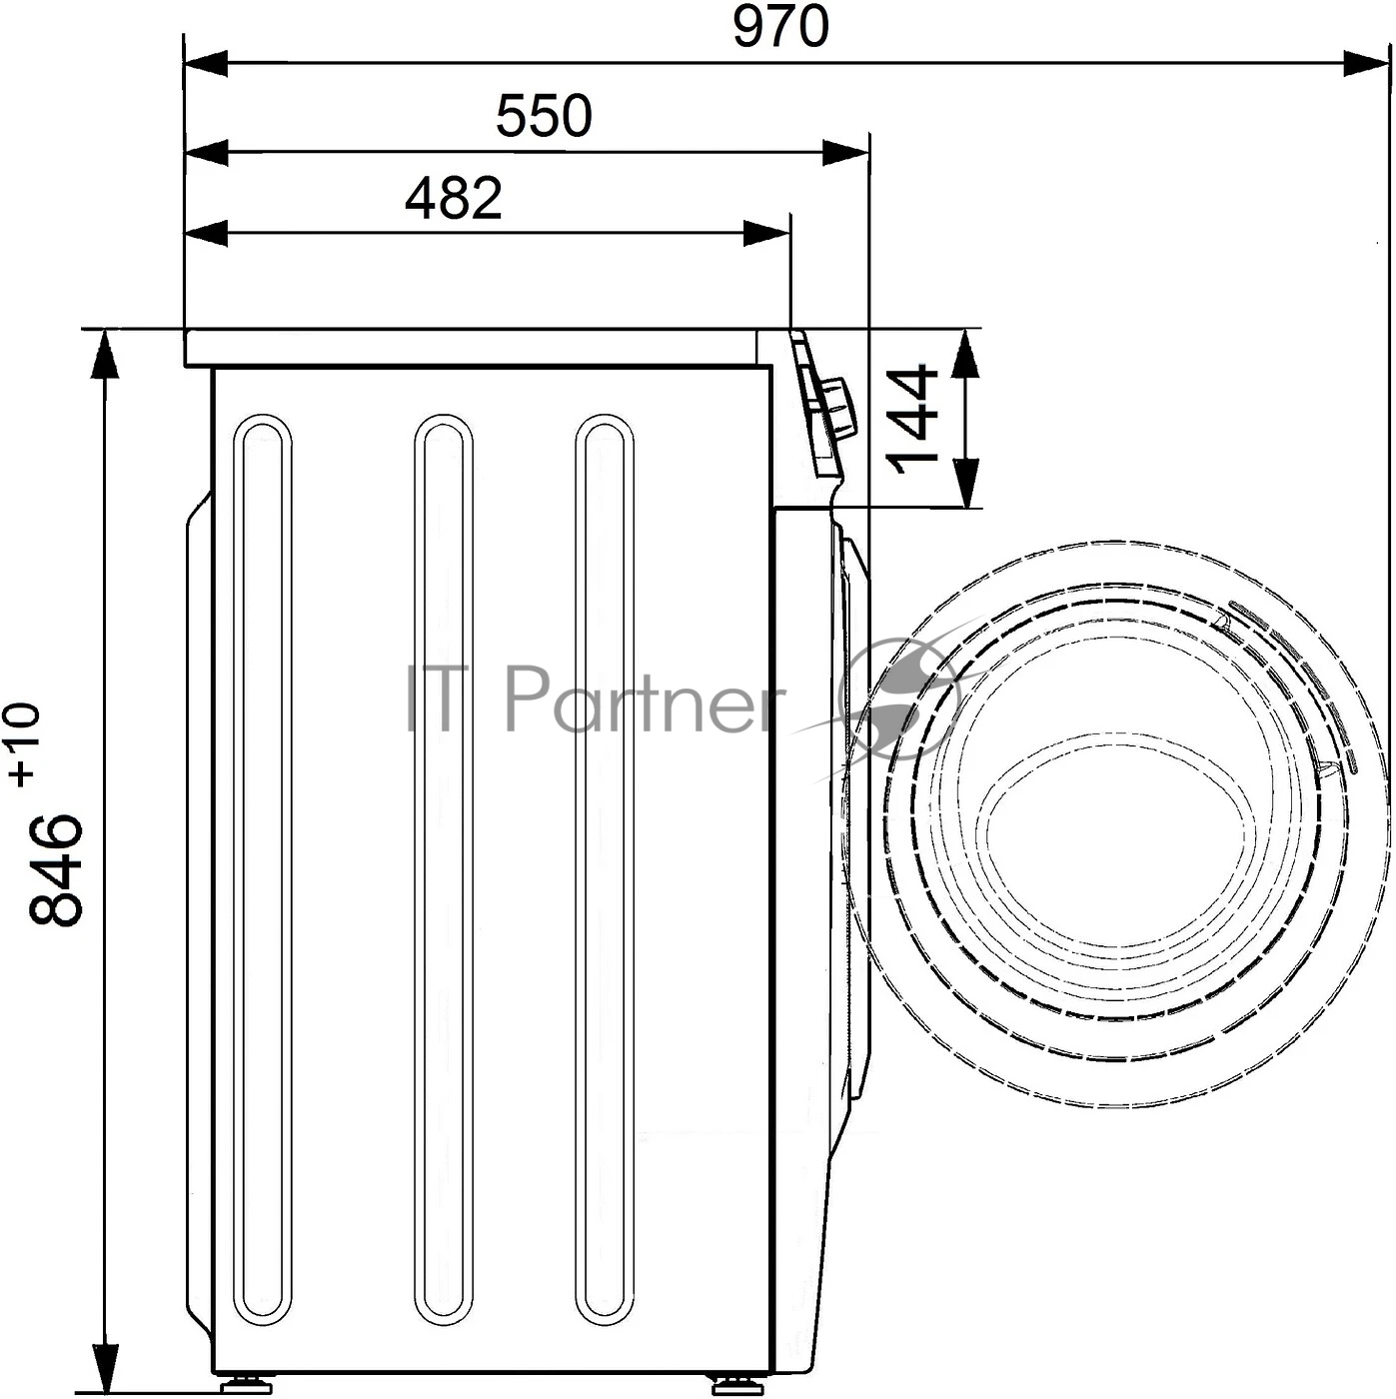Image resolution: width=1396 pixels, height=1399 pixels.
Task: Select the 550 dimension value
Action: [x=544, y=116]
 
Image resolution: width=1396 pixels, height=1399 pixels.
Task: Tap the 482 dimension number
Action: [x=454, y=198]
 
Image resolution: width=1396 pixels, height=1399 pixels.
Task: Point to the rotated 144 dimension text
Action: [x=912, y=419]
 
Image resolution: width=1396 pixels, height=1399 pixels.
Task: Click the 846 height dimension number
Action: [x=55, y=868]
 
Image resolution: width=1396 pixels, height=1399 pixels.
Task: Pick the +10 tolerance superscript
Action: [x=24, y=744]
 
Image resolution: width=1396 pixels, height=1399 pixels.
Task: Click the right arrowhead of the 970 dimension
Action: [x=1366, y=64]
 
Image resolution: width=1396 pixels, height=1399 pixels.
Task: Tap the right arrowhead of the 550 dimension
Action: [x=844, y=153]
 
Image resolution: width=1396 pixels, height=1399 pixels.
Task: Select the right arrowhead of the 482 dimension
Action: [x=766, y=234]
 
